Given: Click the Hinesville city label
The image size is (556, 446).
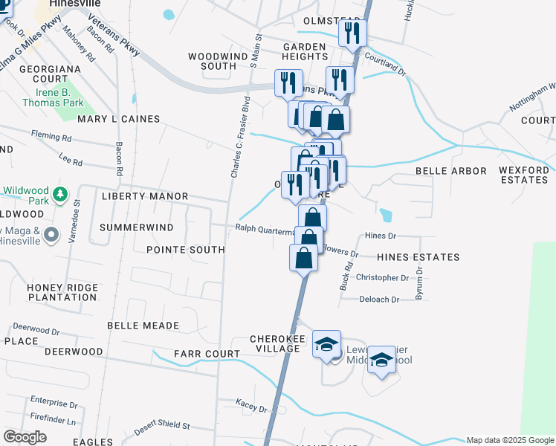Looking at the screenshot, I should point(74,4).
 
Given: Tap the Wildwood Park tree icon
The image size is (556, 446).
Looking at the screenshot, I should point(59,195).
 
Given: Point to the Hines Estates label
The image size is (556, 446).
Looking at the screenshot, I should point(418,257).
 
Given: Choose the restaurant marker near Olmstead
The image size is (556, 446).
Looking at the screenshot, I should point(351,33).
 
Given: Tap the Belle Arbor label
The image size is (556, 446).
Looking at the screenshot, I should point(450,171).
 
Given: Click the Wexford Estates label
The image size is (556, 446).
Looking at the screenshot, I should point(524,175).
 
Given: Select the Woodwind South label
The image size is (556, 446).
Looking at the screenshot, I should point(212,61).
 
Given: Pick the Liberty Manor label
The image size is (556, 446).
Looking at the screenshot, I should point(144,196).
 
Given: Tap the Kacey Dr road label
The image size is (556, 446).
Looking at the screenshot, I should point(251,408).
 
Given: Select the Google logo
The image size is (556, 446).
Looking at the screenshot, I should point(25,437).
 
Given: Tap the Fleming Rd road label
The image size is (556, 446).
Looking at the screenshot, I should point(51,137).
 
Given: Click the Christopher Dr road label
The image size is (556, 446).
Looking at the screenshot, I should point(382,278).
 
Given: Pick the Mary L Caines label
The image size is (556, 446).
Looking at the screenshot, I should point(118,119).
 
